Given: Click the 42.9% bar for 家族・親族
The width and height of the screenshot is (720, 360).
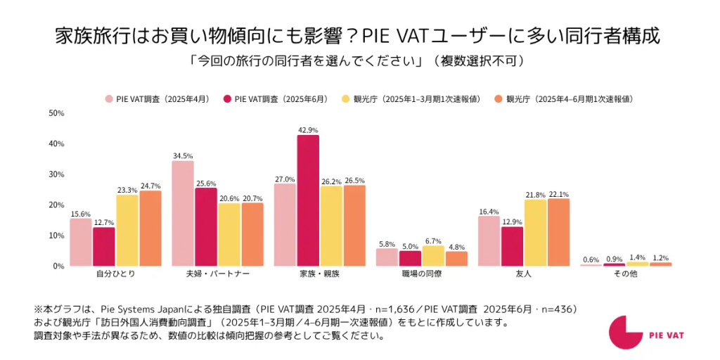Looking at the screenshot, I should point(308,200).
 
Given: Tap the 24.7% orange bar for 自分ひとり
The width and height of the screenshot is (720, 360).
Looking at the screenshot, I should point(150,228).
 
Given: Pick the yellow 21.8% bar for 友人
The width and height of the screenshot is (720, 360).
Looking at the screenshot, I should point(535,233).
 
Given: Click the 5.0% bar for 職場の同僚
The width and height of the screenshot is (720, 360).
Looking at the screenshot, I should point(410,258).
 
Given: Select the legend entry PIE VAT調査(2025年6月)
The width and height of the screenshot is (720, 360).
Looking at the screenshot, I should point(276,99).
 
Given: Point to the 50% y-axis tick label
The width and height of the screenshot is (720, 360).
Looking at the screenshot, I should point(56,112).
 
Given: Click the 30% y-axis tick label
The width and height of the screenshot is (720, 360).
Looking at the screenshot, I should point(56,174).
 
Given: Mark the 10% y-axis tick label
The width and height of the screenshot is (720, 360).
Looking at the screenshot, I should point(56,236).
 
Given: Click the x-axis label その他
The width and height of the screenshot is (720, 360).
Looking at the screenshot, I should point(626,274).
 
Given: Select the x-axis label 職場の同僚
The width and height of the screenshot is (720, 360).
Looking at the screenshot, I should point(421,274).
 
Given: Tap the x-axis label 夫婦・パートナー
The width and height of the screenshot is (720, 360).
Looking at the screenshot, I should point(217,274).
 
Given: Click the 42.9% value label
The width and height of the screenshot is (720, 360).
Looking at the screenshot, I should point(308,130).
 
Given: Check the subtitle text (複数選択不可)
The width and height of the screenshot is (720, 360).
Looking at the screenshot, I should point(478,61).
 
